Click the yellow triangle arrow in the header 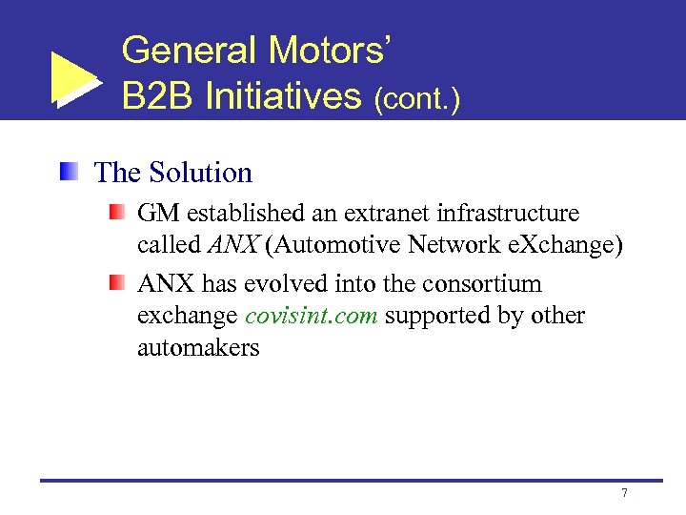72,77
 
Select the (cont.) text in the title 417,99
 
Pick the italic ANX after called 235,245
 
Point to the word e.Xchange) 568,245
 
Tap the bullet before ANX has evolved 116,282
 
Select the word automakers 198,347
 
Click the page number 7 624,493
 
